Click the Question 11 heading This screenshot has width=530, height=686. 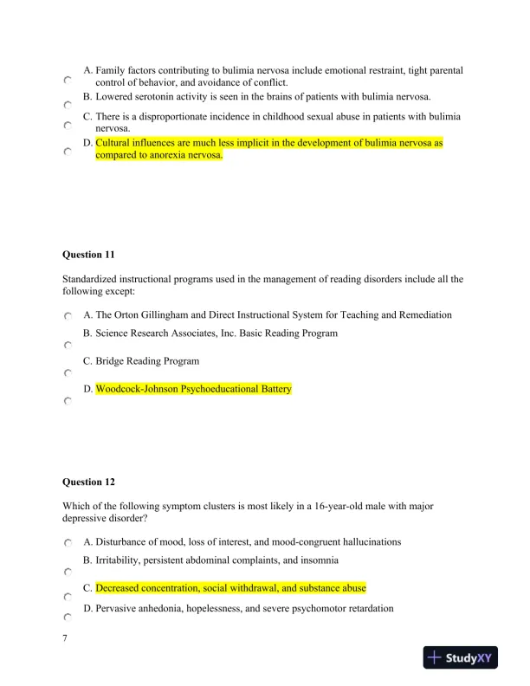pyautogui.click(x=88, y=255)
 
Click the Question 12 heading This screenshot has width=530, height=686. pyautogui.click(x=88, y=482)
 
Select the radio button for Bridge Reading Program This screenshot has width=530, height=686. pyautogui.click(x=67, y=373)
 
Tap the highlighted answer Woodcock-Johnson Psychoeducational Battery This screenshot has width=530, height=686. pyautogui.click(x=193, y=390)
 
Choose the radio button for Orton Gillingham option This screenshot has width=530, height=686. pyautogui.click(x=67, y=318)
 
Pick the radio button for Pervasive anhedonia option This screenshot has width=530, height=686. pyautogui.click(x=67, y=618)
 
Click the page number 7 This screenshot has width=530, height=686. pyautogui.click(x=65, y=638)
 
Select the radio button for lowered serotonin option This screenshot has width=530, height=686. pyautogui.click(x=67, y=105)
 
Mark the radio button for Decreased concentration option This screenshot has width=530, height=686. pyautogui.click(x=67, y=598)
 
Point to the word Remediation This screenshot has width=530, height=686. pyautogui.click(x=420, y=315)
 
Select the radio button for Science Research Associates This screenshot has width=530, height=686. pyautogui.click(x=67, y=346)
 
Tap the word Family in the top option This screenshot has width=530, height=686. pyautogui.click(x=111, y=70)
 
